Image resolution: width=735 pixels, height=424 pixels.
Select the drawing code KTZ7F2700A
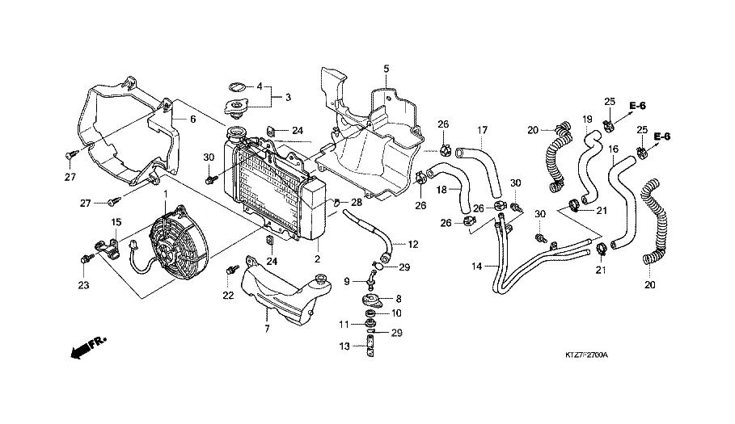click(586, 355)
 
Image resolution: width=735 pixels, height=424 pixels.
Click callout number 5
click(387, 69)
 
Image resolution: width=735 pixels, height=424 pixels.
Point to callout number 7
click(267, 329)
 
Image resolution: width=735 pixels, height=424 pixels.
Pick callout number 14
click(477, 267)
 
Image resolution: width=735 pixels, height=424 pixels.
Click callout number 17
click(483, 130)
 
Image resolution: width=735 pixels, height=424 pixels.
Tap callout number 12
click(413, 244)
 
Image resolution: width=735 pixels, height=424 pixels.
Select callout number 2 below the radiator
click(317, 258)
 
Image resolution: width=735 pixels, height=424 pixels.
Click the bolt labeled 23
click(87, 258)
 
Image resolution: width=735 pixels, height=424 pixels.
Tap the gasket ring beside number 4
click(237, 87)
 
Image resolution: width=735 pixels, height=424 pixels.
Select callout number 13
click(344, 346)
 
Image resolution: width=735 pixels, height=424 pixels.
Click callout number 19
click(587, 120)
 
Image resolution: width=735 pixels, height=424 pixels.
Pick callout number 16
click(613, 149)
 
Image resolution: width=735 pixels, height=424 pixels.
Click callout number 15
click(116, 222)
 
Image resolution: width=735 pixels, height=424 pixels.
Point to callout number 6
click(192, 120)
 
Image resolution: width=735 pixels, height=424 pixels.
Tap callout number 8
click(399, 299)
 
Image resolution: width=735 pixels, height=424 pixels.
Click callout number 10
click(396, 313)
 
